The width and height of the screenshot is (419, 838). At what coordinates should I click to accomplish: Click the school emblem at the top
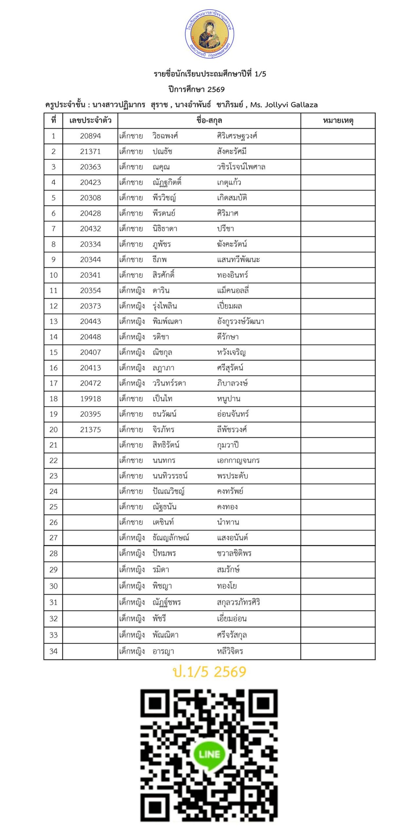[x=209, y=34]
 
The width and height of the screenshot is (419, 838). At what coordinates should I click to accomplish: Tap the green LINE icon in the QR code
[x=209, y=754]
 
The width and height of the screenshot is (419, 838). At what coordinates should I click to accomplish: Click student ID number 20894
[x=90, y=136]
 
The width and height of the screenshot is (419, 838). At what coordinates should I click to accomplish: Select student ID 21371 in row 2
[x=90, y=152]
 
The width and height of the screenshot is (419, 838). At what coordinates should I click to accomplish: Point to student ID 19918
[x=90, y=399]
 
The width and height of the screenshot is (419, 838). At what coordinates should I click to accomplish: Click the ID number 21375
[x=90, y=429]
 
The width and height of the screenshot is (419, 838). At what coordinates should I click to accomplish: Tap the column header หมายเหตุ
[x=338, y=121]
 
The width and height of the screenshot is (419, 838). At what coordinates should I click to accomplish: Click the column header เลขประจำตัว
[x=90, y=121]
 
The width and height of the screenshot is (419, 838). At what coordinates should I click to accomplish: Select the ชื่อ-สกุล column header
[x=209, y=121]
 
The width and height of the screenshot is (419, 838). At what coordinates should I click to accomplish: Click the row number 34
[x=53, y=651]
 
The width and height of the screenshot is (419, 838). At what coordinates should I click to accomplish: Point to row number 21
[x=53, y=445]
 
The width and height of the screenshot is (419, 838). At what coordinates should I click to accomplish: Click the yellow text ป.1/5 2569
[x=209, y=672]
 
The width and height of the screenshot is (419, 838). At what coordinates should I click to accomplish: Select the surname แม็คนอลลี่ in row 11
[x=233, y=291]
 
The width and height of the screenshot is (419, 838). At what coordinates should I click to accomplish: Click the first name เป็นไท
[x=162, y=399]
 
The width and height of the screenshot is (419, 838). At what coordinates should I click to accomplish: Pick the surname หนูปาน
[x=228, y=399]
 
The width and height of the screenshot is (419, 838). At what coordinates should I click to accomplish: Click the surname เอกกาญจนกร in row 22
[x=238, y=461]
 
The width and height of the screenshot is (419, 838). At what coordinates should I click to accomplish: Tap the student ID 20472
[x=90, y=383]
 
